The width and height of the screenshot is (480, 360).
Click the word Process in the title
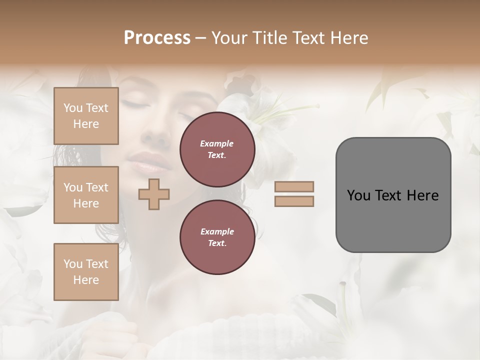157,37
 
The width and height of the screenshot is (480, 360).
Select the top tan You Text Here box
86,116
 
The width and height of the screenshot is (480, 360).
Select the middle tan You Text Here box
86,195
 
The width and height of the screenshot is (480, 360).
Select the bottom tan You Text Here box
86,272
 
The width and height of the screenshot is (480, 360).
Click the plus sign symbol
154,194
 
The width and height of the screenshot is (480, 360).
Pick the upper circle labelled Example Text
217,149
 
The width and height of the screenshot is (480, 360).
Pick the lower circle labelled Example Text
217,237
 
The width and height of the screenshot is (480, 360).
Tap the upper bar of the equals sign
294,186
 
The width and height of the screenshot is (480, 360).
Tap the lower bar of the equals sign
294,201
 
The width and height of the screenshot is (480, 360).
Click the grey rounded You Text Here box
393,195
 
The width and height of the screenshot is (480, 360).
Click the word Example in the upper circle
217,143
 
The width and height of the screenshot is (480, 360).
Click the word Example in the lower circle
217,231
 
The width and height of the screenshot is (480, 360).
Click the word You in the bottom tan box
73,264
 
